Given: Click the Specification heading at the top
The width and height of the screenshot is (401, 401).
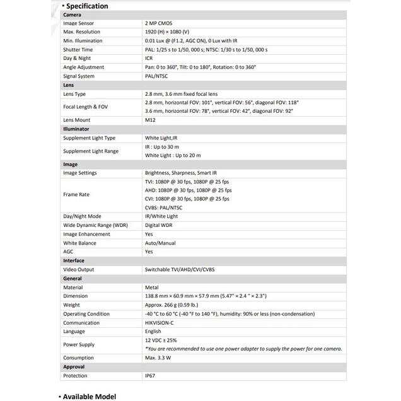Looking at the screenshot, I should (x=86, y=6).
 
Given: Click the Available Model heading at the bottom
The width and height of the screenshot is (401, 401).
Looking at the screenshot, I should (x=90, y=396).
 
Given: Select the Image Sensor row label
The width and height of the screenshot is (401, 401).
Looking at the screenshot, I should (x=79, y=22).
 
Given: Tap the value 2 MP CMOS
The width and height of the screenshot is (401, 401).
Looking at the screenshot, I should (x=162, y=22).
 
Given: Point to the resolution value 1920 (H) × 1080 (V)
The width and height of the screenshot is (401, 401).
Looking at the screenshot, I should (x=175, y=31).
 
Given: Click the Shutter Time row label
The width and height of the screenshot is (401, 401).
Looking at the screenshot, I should (x=78, y=49).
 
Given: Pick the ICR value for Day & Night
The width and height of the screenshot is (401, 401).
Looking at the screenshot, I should (x=149, y=58).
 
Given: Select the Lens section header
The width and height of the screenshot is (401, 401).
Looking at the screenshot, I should (x=69, y=84).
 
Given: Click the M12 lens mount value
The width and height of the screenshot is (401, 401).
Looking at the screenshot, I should (x=150, y=120).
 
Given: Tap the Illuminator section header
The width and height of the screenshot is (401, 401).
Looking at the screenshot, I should (x=76, y=129).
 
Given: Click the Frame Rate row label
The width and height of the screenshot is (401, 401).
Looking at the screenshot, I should (x=76, y=194).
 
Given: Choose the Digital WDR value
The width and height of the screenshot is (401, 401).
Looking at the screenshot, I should (x=160, y=225).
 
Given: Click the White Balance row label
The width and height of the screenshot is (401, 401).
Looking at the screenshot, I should (x=79, y=243).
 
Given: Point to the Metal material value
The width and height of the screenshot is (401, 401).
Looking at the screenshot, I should (x=151, y=287).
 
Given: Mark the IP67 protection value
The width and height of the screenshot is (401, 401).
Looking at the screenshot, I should (x=151, y=375).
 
